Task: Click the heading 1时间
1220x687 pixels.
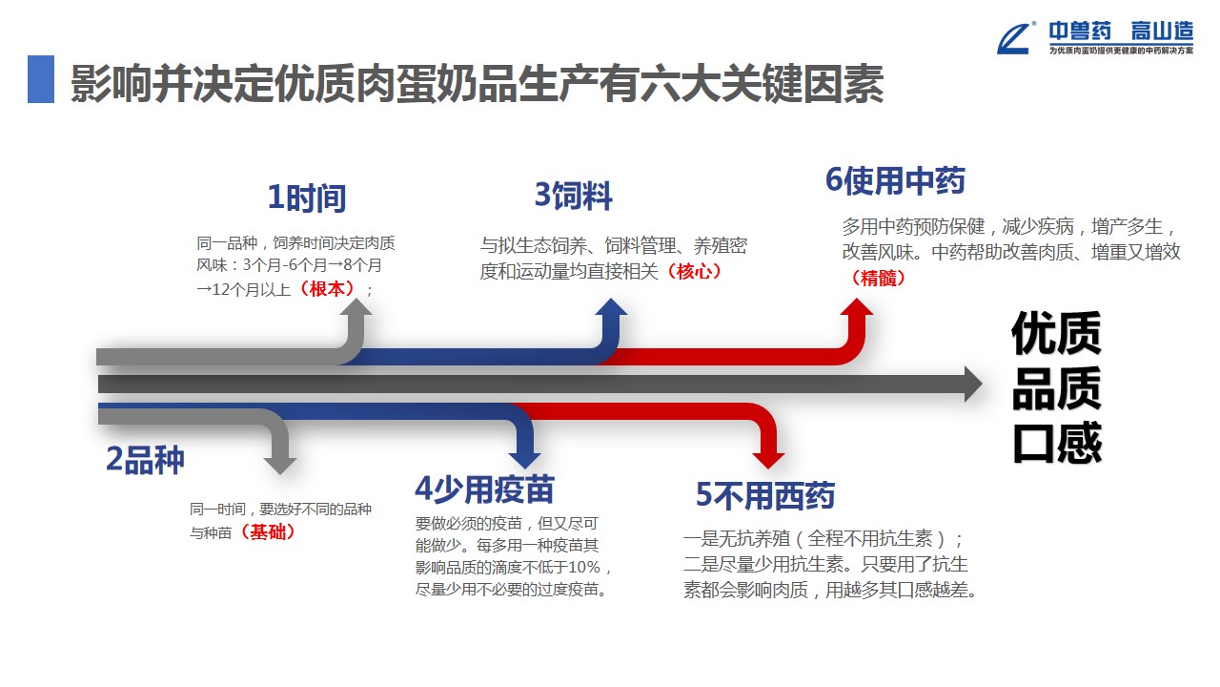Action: tap(306, 198)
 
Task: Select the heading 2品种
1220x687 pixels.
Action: tap(145, 460)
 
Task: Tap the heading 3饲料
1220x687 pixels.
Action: tap(573, 197)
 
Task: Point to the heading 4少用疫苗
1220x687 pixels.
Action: tap(484, 489)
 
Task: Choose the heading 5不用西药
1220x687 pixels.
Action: tap(765, 496)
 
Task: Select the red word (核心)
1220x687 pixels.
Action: tap(699, 271)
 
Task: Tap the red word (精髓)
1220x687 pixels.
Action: tap(876, 278)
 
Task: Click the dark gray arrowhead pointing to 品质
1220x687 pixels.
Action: tap(972, 384)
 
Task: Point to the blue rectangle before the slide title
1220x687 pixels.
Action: tap(41, 79)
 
